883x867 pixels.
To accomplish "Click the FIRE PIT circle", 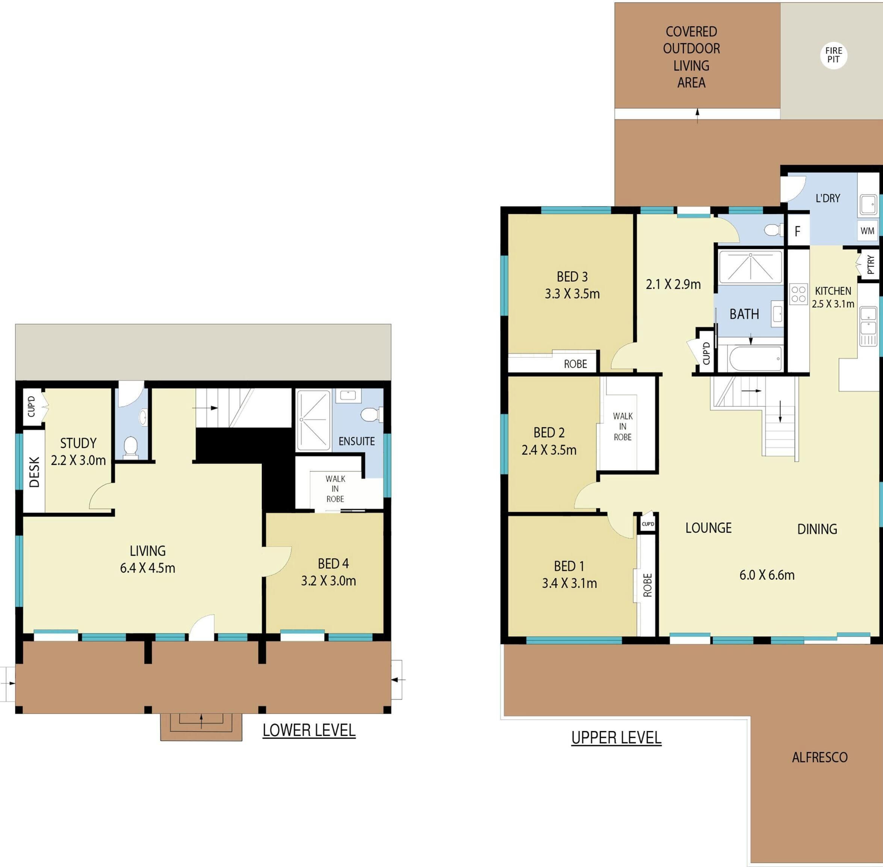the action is coord(833,55).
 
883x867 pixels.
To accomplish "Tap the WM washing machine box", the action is coord(868,231).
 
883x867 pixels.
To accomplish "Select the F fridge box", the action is coord(797,231).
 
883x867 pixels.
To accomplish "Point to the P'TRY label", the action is coord(871,265).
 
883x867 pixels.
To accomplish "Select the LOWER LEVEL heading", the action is coord(309,730).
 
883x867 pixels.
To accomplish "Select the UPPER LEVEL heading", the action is coord(616,738).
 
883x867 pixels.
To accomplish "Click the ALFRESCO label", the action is coord(819,757).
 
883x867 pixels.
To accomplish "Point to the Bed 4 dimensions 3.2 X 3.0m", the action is coord(328,581).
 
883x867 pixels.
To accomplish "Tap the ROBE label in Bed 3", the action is coord(576,364).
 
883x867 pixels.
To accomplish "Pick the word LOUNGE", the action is coord(709,528).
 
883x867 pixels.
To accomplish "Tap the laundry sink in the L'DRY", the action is coord(868,205).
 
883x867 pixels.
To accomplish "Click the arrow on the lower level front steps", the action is coord(201,722).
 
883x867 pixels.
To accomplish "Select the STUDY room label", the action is coord(79,443).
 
